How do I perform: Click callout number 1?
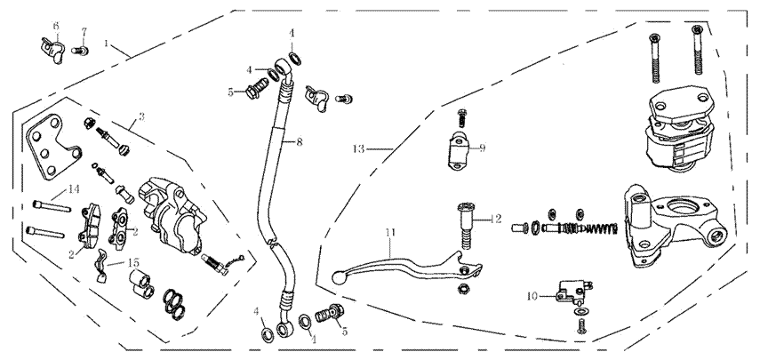click(x=107, y=43)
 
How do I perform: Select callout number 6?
click(x=55, y=26)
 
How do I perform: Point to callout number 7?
click(x=84, y=32)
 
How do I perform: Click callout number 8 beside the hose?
click(x=300, y=142)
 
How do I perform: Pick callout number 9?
click(x=482, y=148)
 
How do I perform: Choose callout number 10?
click(x=532, y=296)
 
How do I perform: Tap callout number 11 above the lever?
click(x=388, y=233)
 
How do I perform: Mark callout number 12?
click(x=497, y=218)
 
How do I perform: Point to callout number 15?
click(x=133, y=262)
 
